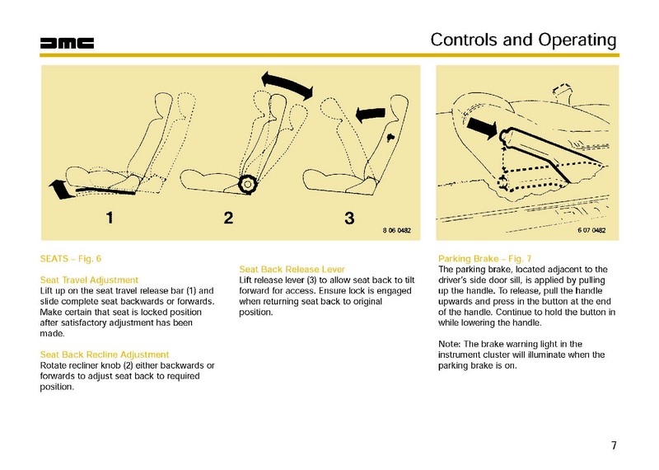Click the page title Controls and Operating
(x=524, y=40)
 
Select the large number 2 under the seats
(x=229, y=219)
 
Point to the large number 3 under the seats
(x=349, y=219)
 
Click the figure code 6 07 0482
(x=591, y=230)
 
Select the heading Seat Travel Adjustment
(x=89, y=280)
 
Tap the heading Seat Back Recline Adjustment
(x=104, y=355)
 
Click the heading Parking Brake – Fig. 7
(x=485, y=259)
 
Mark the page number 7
(x=614, y=446)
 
